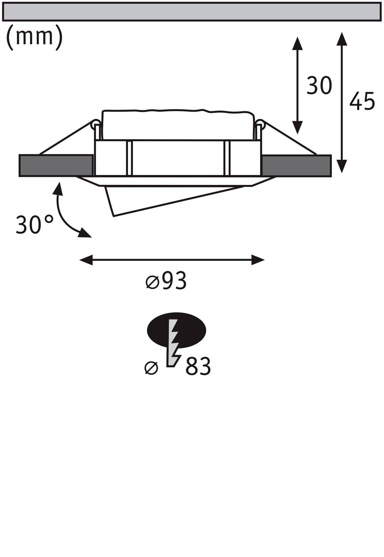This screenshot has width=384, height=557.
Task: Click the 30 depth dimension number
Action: click(319, 85)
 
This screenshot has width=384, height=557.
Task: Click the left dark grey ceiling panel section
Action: click(56, 165)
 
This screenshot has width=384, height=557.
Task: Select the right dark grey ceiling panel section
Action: click(296, 165)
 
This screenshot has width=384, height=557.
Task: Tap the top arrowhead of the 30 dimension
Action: click(297, 43)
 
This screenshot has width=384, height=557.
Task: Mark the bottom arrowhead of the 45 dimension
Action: click(342, 166)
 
